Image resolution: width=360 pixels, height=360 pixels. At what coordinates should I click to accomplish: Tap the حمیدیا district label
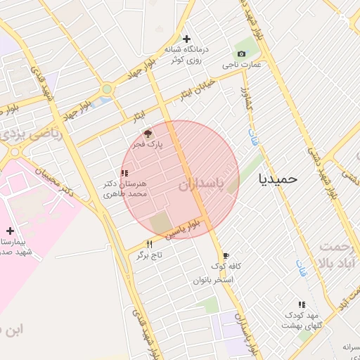pyautogui.click(x=278, y=179)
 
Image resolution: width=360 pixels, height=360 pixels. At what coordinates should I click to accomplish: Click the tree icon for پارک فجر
pyautogui.click(x=148, y=133)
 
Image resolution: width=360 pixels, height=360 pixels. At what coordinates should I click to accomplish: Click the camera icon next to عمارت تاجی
pyautogui.click(x=242, y=54)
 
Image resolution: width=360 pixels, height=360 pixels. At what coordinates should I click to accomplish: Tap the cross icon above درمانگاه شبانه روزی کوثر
pyautogui.click(x=186, y=39)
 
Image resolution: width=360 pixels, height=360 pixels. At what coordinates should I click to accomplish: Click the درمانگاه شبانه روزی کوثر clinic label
pyautogui.click(x=184, y=55)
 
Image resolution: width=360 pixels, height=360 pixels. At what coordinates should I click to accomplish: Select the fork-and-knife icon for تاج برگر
pyautogui.click(x=149, y=244)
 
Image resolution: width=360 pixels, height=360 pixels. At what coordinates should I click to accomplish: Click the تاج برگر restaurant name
pyautogui.click(x=149, y=255)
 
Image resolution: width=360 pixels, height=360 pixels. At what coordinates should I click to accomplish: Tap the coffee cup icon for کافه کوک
pyautogui.click(x=225, y=256)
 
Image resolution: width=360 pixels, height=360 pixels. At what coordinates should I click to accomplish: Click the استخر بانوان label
pyautogui.click(x=213, y=280)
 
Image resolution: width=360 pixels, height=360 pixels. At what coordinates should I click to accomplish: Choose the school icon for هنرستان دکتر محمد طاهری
pyautogui.click(x=124, y=173)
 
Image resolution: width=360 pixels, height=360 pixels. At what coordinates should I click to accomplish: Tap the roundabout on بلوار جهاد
pyautogui.click(x=107, y=89)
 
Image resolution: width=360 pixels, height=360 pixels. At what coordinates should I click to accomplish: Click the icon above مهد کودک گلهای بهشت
pyautogui.click(x=302, y=304)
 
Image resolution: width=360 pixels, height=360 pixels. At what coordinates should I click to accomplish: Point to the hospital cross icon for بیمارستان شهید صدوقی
pyautogui.click(x=10, y=231)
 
